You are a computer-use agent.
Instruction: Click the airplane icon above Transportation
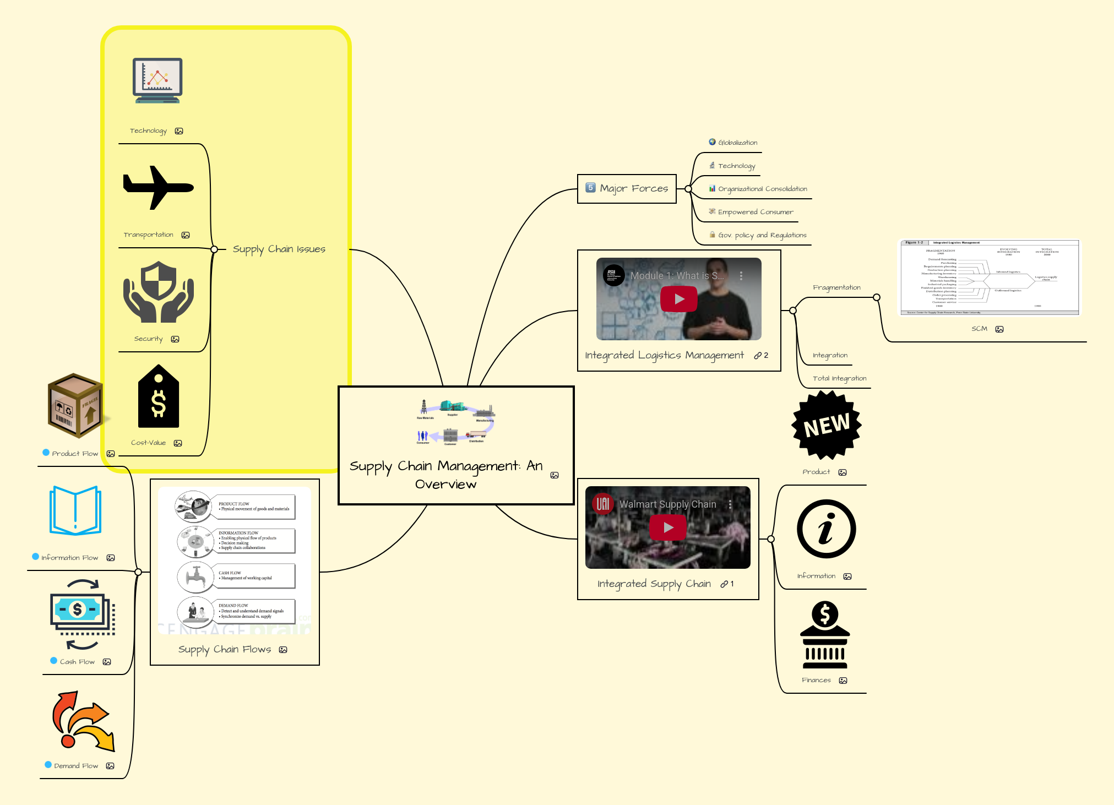[x=158, y=188]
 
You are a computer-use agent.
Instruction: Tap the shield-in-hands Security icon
[x=158, y=292]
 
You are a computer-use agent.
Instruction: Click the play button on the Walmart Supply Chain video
[x=667, y=527]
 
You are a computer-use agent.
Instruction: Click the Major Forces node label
[x=633, y=188]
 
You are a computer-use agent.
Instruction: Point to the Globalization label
[x=737, y=143]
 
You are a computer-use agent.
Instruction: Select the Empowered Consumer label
[x=755, y=212]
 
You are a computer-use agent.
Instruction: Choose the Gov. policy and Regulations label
[x=762, y=235]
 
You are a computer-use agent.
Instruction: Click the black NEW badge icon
[x=826, y=425]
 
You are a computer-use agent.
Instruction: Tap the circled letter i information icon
[x=826, y=529]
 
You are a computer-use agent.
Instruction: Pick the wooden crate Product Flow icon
[x=75, y=406]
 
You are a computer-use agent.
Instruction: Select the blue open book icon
[x=75, y=510]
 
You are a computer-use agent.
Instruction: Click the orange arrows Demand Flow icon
[x=83, y=721]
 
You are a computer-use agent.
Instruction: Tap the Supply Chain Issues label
[x=279, y=249]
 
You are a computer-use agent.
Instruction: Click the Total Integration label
[x=839, y=378]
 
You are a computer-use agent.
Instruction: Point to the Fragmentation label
[x=836, y=287]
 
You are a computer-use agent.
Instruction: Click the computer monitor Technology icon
[x=157, y=80]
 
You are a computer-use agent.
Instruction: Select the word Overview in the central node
[x=445, y=485]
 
